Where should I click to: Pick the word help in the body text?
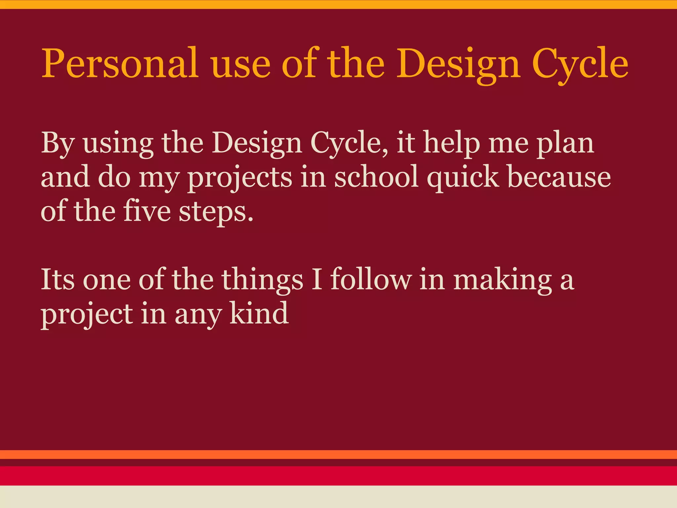pyautogui.click(x=452, y=143)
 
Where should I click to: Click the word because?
pyautogui.click(x=559, y=177)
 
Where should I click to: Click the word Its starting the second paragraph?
pyautogui.click(x=58, y=279)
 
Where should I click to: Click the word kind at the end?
pyautogui.click(x=259, y=313)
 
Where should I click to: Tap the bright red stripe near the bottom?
pyautogui.click(x=338, y=476)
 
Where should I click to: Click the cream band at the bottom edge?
pyautogui.click(x=338, y=497)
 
